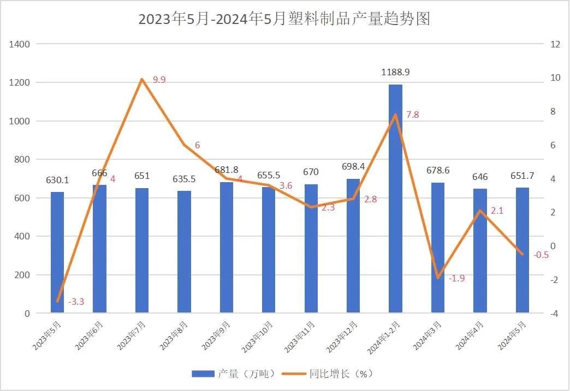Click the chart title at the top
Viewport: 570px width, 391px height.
284,19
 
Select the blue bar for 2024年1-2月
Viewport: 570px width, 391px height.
396,199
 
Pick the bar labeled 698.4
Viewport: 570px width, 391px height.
353,246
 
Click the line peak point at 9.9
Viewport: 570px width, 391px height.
142,79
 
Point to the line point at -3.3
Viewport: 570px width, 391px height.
57,301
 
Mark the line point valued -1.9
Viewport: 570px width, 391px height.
438,278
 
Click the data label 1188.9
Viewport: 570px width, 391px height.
396,72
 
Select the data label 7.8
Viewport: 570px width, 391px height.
413,115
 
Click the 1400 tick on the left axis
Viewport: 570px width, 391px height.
20,44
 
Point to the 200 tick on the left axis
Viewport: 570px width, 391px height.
22,275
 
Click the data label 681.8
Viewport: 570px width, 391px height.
227,170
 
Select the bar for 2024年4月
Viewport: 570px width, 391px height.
480,251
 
